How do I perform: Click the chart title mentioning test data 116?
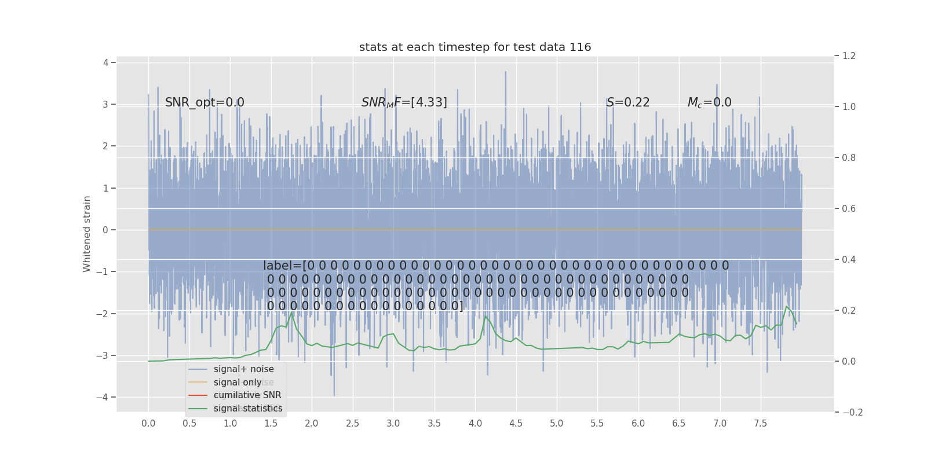point(475,47)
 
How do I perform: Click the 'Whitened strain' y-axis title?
point(87,234)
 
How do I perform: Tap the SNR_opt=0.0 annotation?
point(205,102)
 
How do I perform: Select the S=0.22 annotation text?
point(628,102)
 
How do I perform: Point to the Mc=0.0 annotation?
point(709,102)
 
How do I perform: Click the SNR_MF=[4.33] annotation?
point(404,102)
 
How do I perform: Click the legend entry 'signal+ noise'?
point(243,369)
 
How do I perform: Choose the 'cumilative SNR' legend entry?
point(247,395)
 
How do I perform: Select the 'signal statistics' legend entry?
point(248,409)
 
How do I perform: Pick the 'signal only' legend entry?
point(238,383)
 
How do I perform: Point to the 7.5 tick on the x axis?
point(760,424)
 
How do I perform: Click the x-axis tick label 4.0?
point(475,424)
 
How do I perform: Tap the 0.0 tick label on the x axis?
point(148,424)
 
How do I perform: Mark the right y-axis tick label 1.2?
point(849,56)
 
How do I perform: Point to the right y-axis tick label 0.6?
point(849,208)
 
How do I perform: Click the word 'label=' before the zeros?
point(282,266)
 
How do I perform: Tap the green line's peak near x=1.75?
point(292,313)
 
